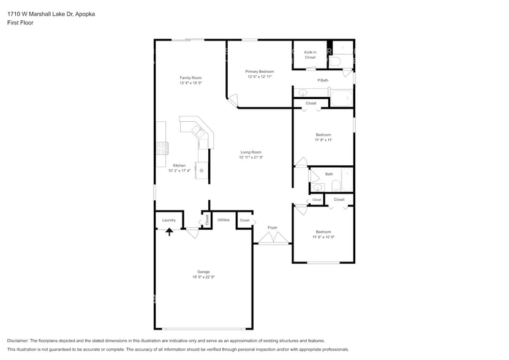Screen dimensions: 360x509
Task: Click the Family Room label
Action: (x=190, y=78)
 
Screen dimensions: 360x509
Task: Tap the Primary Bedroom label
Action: (x=260, y=72)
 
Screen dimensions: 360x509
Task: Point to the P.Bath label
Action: (x=323, y=81)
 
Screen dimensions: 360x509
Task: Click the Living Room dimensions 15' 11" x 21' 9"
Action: (x=251, y=157)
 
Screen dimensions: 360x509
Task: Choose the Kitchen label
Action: (x=179, y=165)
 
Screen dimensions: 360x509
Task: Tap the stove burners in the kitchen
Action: (x=162, y=148)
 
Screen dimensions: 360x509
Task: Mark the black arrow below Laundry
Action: (x=170, y=231)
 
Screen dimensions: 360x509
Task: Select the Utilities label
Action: (x=224, y=220)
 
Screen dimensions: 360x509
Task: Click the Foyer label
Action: (x=273, y=228)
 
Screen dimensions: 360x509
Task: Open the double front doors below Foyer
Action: (x=273, y=242)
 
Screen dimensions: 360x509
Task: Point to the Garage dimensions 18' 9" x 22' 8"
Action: (x=203, y=277)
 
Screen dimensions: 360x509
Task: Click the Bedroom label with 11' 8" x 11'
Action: (x=323, y=135)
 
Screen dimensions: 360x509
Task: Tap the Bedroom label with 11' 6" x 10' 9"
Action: (x=323, y=232)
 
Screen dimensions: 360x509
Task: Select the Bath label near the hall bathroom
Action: (x=329, y=174)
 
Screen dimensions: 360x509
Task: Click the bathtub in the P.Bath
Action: (x=341, y=97)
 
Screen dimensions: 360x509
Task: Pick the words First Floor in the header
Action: (x=21, y=23)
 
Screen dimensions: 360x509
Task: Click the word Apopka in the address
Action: (x=85, y=13)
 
